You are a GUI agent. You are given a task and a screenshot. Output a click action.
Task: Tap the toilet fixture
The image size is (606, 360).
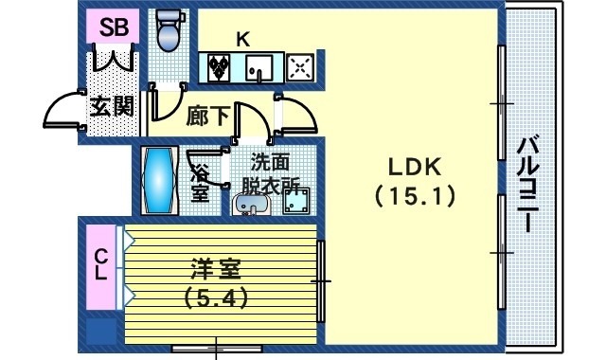(x=168, y=31)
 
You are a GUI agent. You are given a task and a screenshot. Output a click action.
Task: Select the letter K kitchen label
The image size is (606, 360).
(x=242, y=39)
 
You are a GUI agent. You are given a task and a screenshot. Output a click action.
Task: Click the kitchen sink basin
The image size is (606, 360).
(x=258, y=67)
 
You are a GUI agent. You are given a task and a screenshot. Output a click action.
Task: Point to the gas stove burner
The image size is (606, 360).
(x=301, y=67)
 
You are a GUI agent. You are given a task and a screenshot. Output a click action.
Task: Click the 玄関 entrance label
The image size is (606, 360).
(x=112, y=106)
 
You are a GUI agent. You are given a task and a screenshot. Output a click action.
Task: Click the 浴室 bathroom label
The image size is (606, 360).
(x=201, y=182)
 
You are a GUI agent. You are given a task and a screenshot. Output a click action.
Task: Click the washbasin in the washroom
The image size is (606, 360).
(x=250, y=203)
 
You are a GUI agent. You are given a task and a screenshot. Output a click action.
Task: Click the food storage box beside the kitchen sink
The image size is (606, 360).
(x=221, y=67)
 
